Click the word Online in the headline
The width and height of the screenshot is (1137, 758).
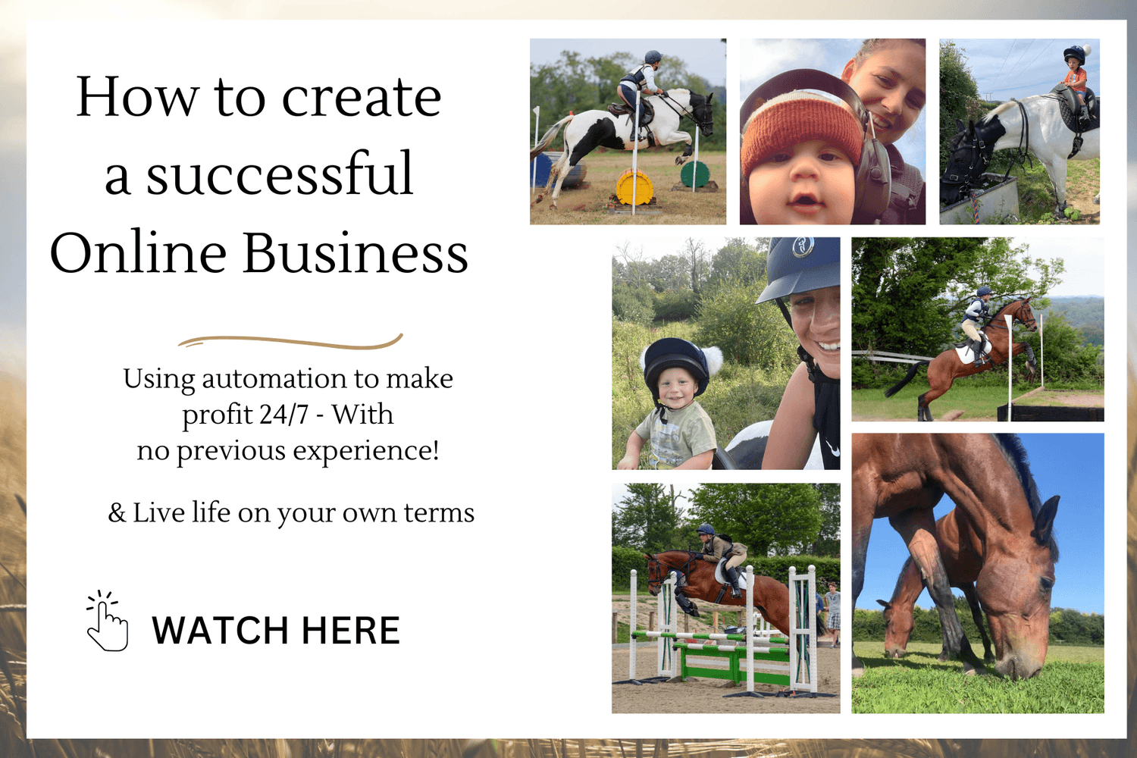click(x=138, y=253)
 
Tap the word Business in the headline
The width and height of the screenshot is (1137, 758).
click(x=356, y=253)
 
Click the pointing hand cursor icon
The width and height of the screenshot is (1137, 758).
click(x=107, y=622)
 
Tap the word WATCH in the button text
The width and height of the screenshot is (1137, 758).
click(x=220, y=631)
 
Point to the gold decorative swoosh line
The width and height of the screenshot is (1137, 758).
click(x=290, y=342)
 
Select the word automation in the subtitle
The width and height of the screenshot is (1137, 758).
click(x=274, y=378)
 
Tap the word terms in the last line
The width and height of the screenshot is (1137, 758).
click(x=439, y=513)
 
